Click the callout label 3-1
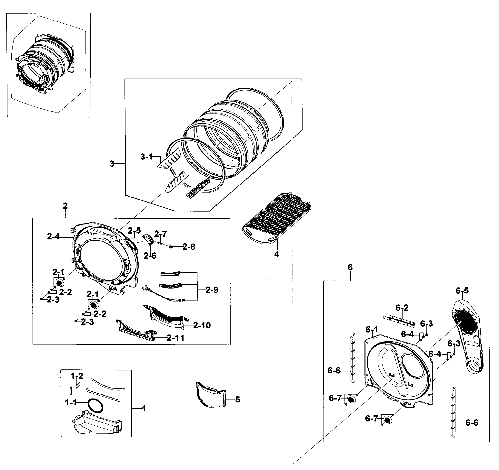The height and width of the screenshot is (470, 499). coord(146,157)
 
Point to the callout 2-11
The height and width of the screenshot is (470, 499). coord(175,338)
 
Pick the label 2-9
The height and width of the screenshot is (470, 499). coord(212,290)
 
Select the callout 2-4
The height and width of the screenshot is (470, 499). coord(53,237)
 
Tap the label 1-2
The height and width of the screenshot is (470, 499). coord(76,376)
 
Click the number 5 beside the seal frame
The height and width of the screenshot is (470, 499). coord(237,399)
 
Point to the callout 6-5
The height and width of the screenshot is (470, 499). coord(462,291)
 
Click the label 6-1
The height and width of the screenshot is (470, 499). coord(372,329)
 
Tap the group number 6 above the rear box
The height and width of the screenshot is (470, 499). coord(350,267)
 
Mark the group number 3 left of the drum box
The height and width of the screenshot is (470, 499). coord(112,164)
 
